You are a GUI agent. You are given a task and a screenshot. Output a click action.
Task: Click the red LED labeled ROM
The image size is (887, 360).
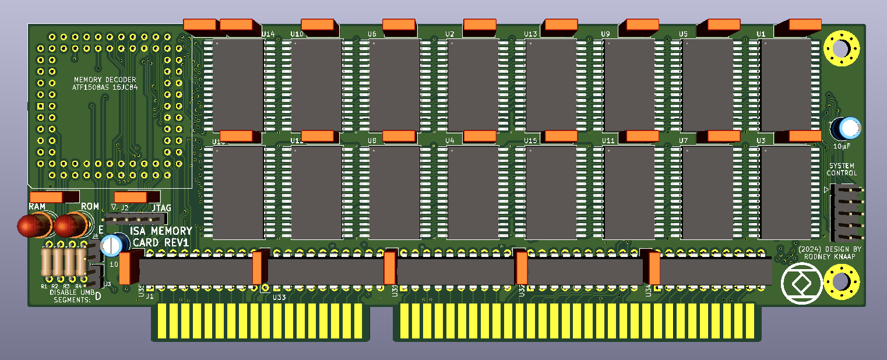click(x=71, y=225)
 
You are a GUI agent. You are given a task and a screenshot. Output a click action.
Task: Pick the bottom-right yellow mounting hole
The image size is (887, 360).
click(x=842, y=281)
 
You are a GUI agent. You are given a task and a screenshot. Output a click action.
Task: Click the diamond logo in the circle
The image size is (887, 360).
click(x=801, y=284)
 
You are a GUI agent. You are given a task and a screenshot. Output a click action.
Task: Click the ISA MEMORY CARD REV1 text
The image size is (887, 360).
click(x=161, y=237)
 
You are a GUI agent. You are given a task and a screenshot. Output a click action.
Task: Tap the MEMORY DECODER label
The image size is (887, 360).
click(x=105, y=80)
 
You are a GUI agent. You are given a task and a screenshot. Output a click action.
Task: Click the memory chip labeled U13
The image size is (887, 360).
click(x=551, y=85)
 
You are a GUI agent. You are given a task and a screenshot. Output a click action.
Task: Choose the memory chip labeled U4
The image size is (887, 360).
click(x=473, y=192)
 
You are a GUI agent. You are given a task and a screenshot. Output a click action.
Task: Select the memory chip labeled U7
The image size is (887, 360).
click(x=708, y=192)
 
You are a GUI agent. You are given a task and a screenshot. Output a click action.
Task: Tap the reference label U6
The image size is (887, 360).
click(x=372, y=34)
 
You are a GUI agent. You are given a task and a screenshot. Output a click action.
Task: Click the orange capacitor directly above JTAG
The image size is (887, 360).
click(x=137, y=197)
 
